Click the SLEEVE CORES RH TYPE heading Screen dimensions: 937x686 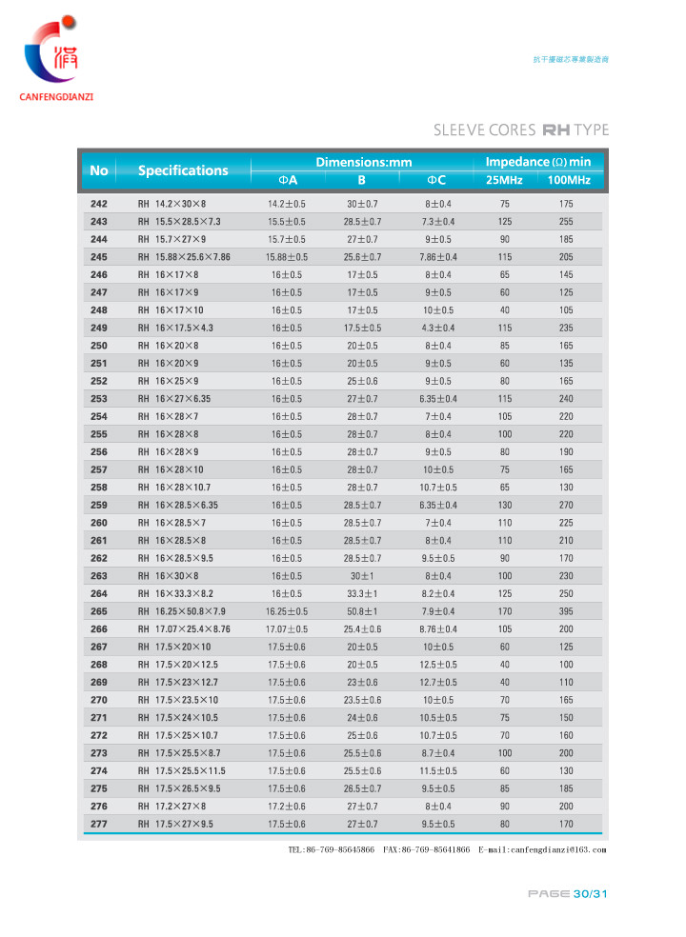point(520,130)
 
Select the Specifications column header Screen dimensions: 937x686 point(183,170)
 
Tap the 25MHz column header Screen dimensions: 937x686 point(504,180)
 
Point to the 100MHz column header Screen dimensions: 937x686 point(569,180)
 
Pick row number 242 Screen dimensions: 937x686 point(99,204)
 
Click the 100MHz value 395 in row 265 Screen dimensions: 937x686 point(566,611)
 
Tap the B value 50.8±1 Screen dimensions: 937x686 point(362,611)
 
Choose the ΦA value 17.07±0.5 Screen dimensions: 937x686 point(287,629)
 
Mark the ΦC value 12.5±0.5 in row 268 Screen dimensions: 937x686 point(438,665)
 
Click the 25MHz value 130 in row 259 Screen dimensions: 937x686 point(505,505)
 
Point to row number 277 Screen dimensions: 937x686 point(99,824)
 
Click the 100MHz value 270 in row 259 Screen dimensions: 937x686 point(566,505)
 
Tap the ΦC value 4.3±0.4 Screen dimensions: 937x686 point(438,328)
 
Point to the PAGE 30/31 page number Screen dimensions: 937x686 point(568,894)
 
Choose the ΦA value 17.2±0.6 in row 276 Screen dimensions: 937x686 point(287,807)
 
